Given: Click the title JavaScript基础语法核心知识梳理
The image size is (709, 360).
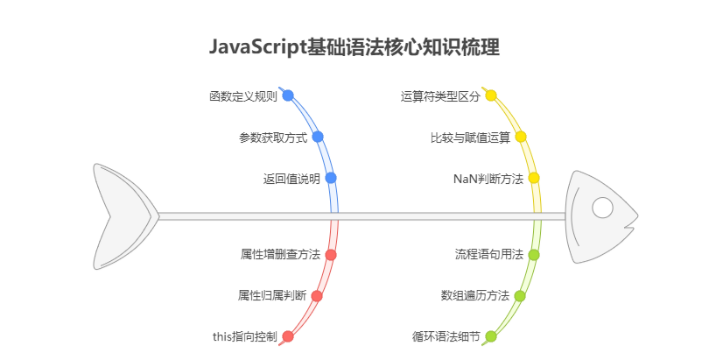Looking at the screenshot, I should [354, 47].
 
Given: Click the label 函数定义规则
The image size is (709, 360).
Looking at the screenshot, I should [242, 96].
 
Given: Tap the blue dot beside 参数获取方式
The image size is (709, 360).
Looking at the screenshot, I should [318, 137].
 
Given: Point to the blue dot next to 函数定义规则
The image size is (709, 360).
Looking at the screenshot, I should [288, 95].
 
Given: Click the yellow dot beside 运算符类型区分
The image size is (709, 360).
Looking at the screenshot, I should [491, 95].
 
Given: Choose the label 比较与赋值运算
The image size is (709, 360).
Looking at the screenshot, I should [470, 138].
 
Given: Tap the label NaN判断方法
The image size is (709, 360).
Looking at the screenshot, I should [488, 179].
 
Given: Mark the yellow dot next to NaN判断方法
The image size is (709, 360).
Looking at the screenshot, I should [534, 178].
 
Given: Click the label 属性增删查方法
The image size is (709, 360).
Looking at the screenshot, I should [279, 255].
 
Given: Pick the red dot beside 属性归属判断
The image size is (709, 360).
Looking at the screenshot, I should [317, 296].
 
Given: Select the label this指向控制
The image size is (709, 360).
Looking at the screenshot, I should [244, 336].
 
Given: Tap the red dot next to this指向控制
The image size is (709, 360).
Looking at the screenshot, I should [288, 336].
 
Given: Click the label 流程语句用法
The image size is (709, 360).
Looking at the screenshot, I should [488, 255].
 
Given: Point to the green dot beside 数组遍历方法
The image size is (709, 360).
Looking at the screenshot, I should [520, 296].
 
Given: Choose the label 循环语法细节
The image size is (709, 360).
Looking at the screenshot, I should [446, 336].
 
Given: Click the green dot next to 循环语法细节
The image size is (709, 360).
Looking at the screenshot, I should [491, 336].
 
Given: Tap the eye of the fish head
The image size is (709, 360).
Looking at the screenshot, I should [602, 208].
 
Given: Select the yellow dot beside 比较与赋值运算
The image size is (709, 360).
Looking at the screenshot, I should [520, 137].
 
